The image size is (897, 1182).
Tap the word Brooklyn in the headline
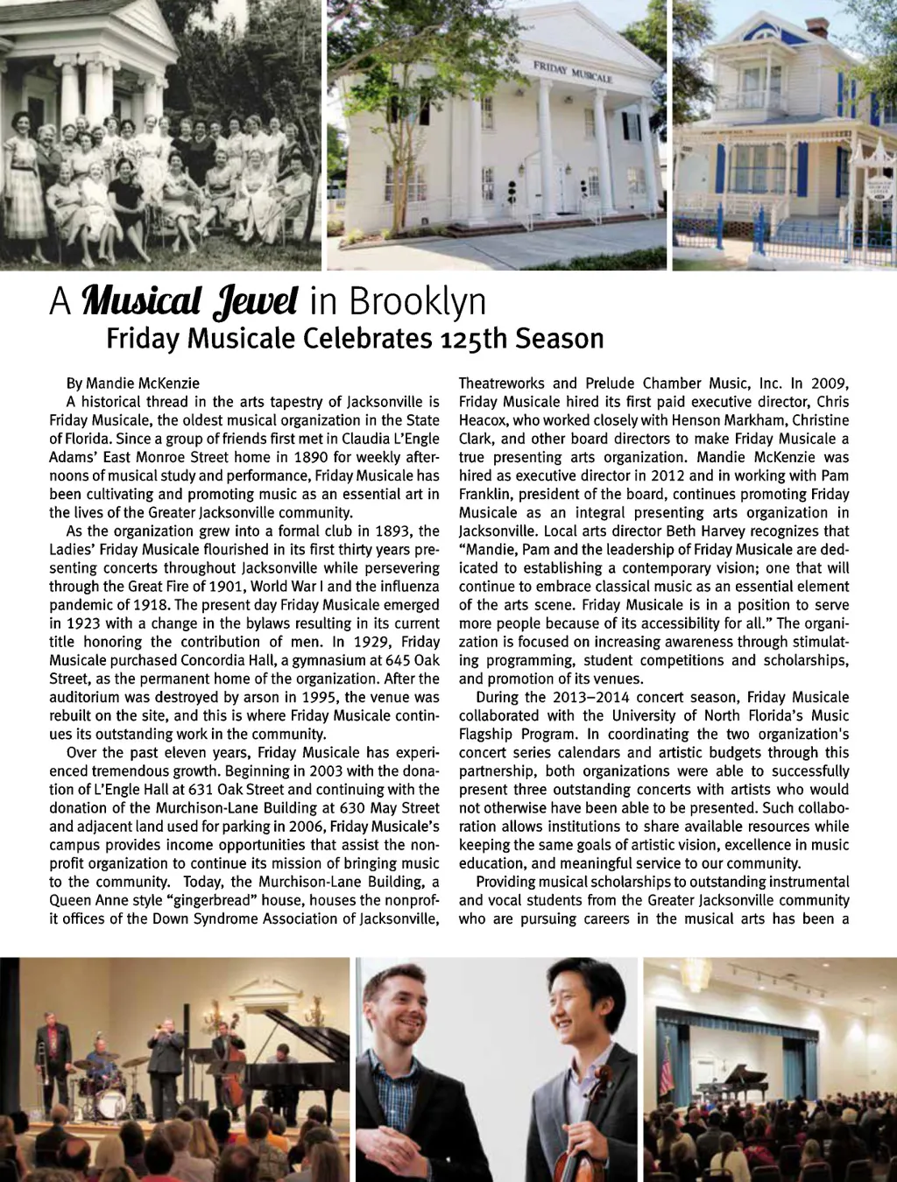[417, 302]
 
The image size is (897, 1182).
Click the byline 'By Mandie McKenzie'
[132, 383]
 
